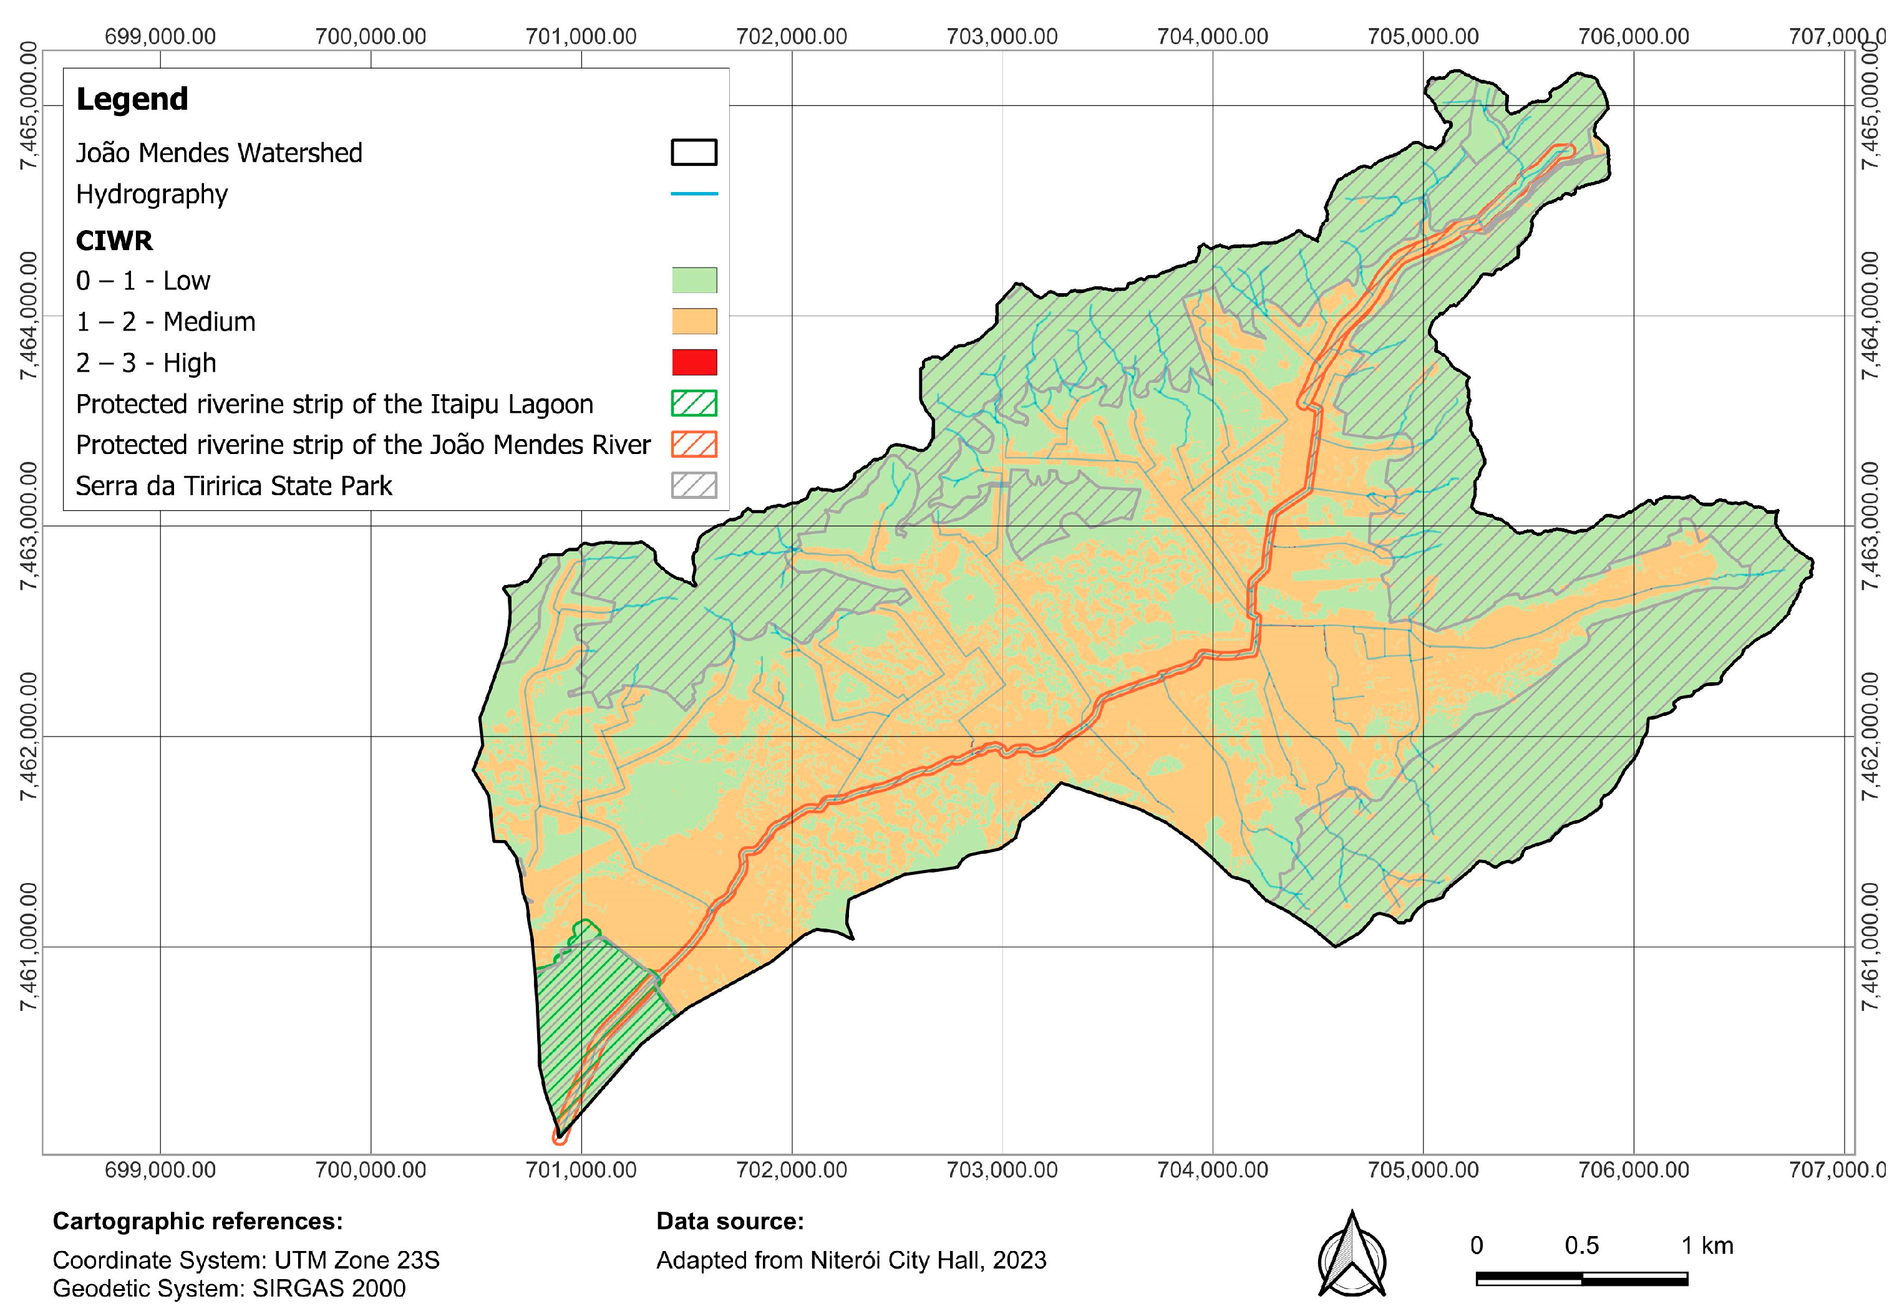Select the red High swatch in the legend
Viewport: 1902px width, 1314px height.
(694, 362)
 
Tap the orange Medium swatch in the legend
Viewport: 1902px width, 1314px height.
(694, 321)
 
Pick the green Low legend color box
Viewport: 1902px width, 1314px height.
(694, 280)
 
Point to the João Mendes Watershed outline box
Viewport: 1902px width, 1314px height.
(694, 152)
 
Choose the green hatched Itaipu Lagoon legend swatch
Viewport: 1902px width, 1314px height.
(694, 403)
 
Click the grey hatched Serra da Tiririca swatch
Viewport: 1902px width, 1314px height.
(694, 486)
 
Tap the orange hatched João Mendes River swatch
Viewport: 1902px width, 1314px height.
(694, 445)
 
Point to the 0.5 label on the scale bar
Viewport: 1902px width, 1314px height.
(1581, 1245)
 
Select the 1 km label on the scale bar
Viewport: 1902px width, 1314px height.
(1707, 1245)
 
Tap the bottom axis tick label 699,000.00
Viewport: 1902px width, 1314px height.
(160, 1170)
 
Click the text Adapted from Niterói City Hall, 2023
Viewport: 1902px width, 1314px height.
(850, 1260)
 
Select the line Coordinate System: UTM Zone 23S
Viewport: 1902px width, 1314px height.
(245, 1260)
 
